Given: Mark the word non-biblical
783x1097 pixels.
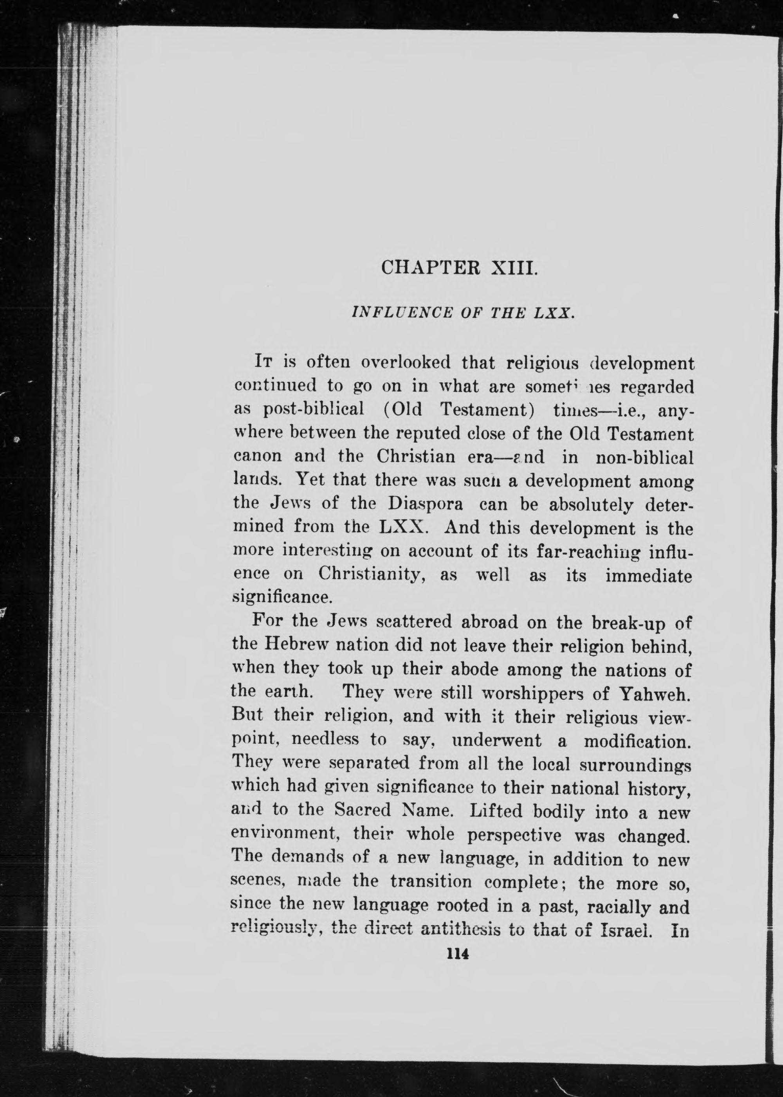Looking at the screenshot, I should tap(645, 457).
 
